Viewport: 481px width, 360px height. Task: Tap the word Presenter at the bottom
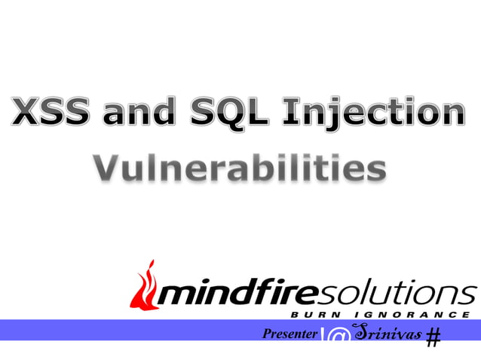pyautogui.click(x=289, y=333)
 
